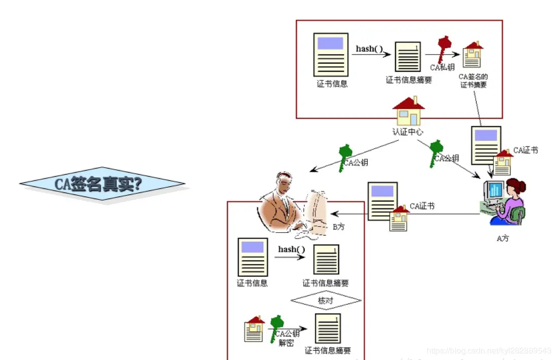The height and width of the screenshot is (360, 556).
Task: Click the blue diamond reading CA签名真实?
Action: coord(102,184)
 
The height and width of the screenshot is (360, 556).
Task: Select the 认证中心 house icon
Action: coord(408,111)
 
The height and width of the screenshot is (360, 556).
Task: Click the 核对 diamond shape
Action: coord(326,300)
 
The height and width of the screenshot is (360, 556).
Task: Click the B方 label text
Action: coord(338,227)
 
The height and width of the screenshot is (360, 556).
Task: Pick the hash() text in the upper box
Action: coord(369,49)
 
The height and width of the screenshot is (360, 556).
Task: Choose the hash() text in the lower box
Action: coord(291,249)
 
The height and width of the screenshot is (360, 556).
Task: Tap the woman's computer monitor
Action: coord(495,191)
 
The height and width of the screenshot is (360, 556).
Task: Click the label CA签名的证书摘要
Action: coord(473,81)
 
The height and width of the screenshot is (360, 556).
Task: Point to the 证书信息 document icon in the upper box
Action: coord(331,55)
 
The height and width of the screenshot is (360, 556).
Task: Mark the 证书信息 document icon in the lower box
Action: coord(253,257)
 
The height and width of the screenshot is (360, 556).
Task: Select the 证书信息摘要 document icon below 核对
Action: coord(328,328)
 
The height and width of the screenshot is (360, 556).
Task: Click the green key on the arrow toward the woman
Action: coord(436,152)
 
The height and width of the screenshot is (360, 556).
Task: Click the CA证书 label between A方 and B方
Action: coord(422,206)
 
